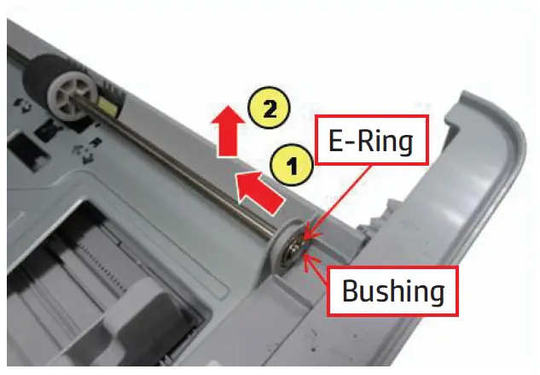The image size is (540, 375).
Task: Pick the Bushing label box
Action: click(394, 290)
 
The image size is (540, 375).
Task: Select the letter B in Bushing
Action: click(351, 290)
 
